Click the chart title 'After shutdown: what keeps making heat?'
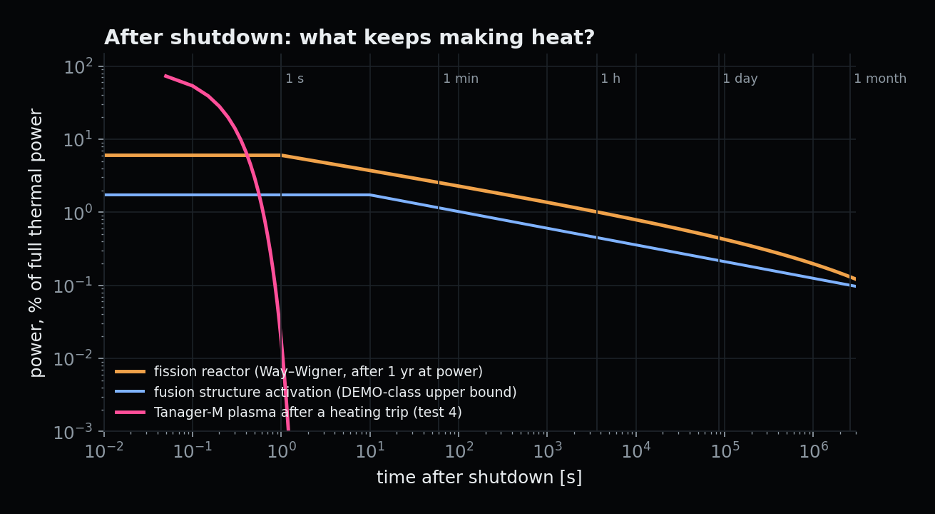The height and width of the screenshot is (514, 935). [349, 38]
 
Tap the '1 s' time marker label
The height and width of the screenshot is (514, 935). [295, 79]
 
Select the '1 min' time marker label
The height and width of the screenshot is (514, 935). [461, 79]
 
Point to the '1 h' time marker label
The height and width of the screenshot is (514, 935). [610, 79]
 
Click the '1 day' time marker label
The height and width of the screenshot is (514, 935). [740, 79]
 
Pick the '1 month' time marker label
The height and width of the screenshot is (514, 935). [880, 79]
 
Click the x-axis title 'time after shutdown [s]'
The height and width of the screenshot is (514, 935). [479, 477]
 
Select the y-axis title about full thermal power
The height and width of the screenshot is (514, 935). [36, 243]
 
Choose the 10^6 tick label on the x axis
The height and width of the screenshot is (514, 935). [814, 450]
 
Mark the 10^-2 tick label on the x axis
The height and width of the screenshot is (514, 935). [104, 450]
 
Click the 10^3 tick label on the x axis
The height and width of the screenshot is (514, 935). [548, 450]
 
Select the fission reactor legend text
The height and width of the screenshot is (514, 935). [318, 371]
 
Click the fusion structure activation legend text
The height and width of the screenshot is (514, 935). [335, 392]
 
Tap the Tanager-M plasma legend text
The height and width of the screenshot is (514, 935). [308, 413]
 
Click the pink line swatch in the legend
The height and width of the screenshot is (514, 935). [131, 413]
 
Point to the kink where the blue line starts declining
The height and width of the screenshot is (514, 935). [370, 195]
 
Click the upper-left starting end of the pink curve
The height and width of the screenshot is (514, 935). [165, 76]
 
